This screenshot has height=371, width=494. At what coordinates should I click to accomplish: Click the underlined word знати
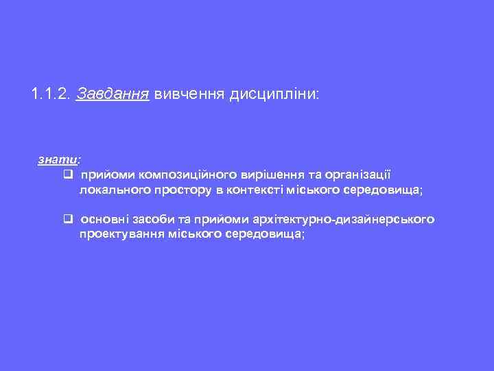[x=58, y=159]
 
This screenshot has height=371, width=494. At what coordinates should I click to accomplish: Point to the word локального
[x=110, y=190]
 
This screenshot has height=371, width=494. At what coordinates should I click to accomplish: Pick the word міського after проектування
[x=185, y=234]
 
